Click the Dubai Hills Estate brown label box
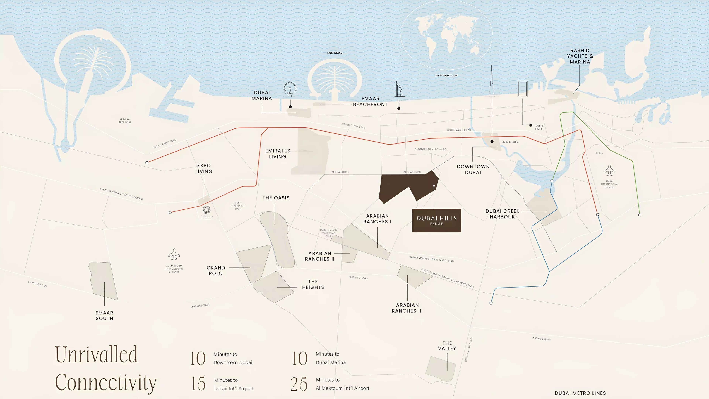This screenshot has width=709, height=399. pyautogui.click(x=436, y=220)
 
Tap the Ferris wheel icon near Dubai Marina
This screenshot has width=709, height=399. pyautogui.click(x=290, y=89)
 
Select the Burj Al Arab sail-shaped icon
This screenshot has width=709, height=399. pyautogui.click(x=399, y=90)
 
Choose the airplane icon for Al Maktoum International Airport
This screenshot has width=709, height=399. pyautogui.click(x=174, y=254)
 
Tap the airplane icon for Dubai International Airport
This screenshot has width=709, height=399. pyautogui.click(x=609, y=170)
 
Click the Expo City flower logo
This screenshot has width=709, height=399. pyautogui.click(x=206, y=210)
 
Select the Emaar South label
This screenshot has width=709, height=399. pyautogui.click(x=104, y=316)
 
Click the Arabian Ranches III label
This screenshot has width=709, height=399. pyautogui.click(x=407, y=308)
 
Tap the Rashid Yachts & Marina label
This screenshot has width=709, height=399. pyautogui.click(x=580, y=56)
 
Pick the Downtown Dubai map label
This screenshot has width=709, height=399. pyautogui.click(x=473, y=169)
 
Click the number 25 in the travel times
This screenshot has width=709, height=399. pyautogui.click(x=299, y=384)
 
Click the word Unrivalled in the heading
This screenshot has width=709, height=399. pyautogui.click(x=96, y=355)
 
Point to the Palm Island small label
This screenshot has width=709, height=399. pyautogui.click(x=334, y=53)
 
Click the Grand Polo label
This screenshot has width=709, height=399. pyautogui.click(x=216, y=271)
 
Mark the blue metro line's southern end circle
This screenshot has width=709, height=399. pyautogui.click(x=491, y=303)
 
